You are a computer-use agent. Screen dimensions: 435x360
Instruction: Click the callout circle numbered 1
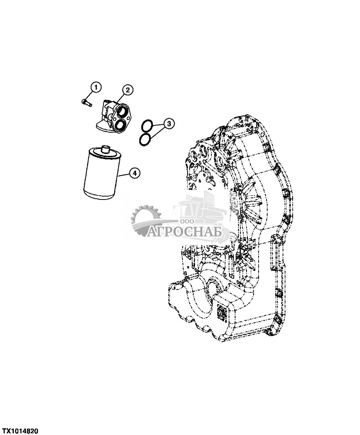[96, 87]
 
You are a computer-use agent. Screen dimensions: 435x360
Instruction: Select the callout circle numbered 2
[127, 89]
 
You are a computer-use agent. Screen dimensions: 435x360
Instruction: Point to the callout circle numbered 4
[134, 172]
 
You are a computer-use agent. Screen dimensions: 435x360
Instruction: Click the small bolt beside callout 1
[86, 101]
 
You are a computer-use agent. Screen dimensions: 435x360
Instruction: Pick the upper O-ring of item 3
[146, 125]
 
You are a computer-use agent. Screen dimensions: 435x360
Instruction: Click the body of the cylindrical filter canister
[100, 176]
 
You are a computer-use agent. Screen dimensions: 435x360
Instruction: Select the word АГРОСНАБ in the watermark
[187, 231]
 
